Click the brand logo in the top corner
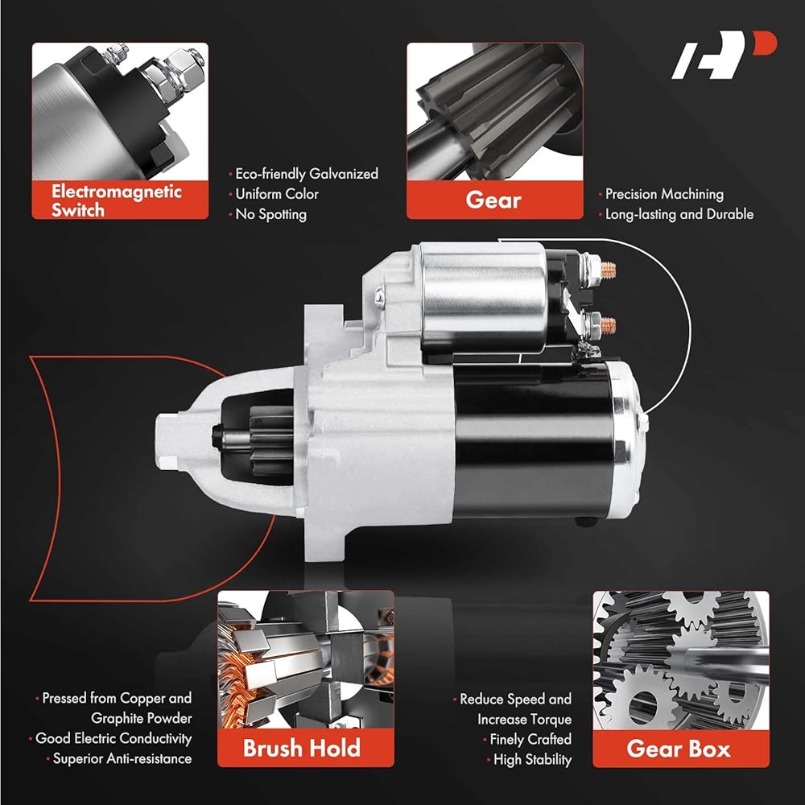[724, 55]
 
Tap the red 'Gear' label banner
[494, 200]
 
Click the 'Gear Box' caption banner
[681, 749]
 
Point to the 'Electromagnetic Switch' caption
[117, 200]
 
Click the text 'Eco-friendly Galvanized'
[307, 174]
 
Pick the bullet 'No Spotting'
[270, 214]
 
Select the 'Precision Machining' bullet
[664, 194]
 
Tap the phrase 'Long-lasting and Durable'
[679, 214]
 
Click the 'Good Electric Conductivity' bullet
[114, 738]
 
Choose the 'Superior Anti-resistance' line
[122, 759]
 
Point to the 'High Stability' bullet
[532, 759]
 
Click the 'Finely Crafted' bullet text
[530, 739]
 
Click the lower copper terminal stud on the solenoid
[608, 324]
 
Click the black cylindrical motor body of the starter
[534, 441]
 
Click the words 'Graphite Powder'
[141, 718]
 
